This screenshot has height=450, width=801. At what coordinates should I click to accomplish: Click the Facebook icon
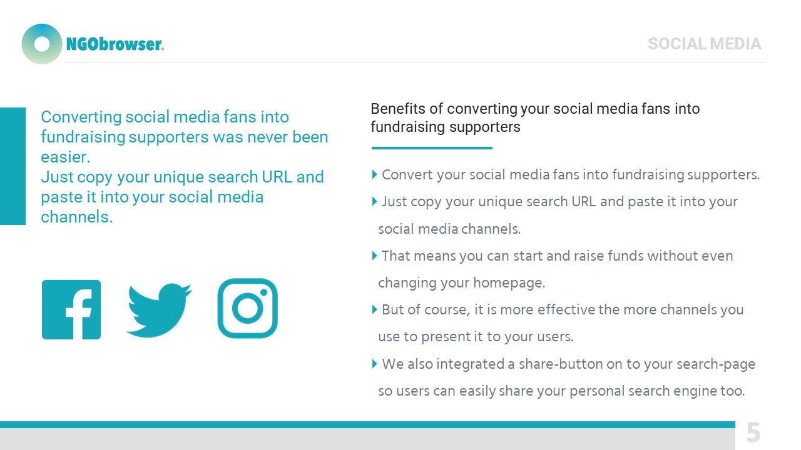pyautogui.click(x=71, y=309)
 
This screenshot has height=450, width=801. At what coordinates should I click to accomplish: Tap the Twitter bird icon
pyautogui.click(x=159, y=310)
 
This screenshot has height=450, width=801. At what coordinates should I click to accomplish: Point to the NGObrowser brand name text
pyautogui.click(x=115, y=44)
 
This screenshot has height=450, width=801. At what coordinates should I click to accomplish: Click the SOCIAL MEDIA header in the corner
pyautogui.click(x=705, y=44)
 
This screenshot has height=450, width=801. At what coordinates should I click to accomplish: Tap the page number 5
pyautogui.click(x=753, y=432)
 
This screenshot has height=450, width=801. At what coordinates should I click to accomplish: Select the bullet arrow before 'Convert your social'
pyautogui.click(x=374, y=174)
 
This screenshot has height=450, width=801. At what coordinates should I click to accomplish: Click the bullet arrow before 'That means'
pyautogui.click(x=374, y=256)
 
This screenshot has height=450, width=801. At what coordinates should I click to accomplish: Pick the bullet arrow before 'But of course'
pyautogui.click(x=374, y=309)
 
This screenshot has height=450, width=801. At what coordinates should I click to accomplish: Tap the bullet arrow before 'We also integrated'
pyautogui.click(x=374, y=364)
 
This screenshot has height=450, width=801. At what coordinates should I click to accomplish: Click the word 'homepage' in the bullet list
pyautogui.click(x=508, y=283)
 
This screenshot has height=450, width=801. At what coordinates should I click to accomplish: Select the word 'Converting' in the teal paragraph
pyautogui.click(x=81, y=117)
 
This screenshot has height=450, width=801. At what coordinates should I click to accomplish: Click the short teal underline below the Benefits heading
pyautogui.click(x=432, y=148)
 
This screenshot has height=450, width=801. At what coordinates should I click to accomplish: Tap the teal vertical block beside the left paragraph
pyautogui.click(x=13, y=166)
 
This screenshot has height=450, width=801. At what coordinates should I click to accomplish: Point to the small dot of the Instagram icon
pyautogui.click(x=264, y=292)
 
